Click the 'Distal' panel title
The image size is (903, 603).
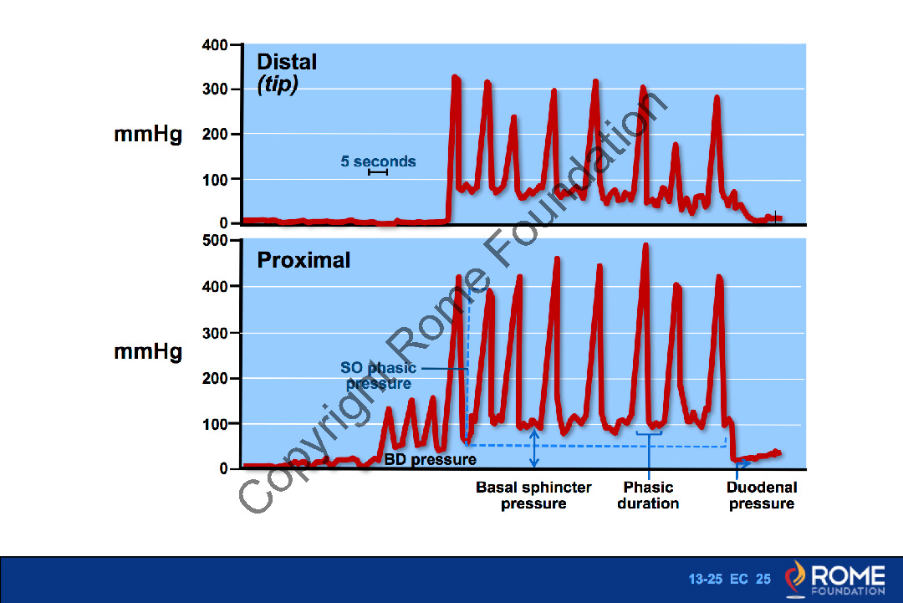(x=287, y=62)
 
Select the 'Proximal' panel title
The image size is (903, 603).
(x=304, y=260)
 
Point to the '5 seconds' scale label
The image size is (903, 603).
(x=378, y=161)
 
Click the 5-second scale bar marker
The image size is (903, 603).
(x=378, y=172)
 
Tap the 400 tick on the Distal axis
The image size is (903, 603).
(x=216, y=45)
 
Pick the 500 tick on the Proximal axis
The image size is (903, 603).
(x=216, y=241)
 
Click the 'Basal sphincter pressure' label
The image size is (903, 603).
(x=533, y=495)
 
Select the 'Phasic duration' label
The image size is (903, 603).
(x=648, y=495)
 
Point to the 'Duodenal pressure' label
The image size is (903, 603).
(x=762, y=495)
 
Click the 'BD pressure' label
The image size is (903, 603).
(x=430, y=459)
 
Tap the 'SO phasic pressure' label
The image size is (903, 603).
(x=379, y=376)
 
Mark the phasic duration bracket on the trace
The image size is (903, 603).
(x=649, y=433)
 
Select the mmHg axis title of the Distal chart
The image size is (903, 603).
(x=148, y=135)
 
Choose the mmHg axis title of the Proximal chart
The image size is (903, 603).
(x=148, y=352)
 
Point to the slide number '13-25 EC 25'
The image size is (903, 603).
(x=729, y=580)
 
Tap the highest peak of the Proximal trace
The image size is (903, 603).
(x=645, y=245)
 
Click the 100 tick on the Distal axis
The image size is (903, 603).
(x=216, y=179)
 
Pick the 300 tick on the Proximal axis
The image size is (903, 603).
(x=216, y=333)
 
